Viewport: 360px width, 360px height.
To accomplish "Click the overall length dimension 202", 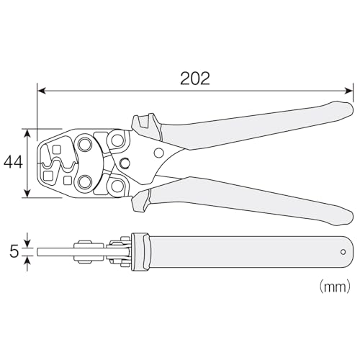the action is click(195, 78).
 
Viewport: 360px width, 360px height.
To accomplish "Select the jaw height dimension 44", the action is click(14, 162).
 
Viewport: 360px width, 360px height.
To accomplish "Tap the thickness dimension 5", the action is click(14, 252).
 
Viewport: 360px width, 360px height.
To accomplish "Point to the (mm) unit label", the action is click(335, 287).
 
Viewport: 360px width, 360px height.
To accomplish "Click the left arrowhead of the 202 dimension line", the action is click(42, 91).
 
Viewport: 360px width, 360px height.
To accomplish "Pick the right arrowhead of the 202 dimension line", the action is click(348, 91).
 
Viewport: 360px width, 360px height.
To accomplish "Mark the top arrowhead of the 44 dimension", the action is click(28, 133).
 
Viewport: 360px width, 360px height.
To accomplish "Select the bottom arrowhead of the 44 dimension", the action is click(28, 194).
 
